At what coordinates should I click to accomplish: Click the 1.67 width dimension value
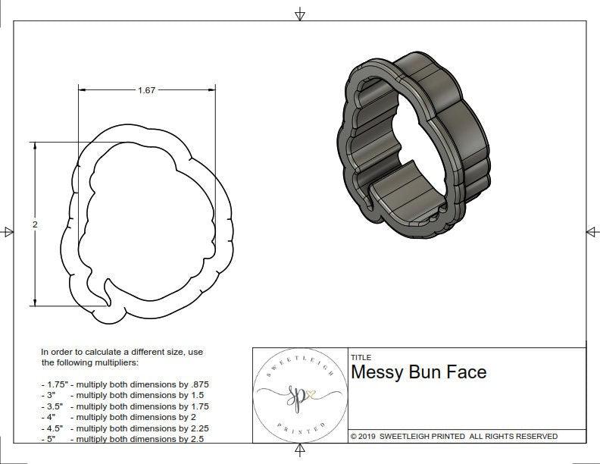tap(146, 90)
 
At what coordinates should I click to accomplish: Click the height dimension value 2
tap(36, 224)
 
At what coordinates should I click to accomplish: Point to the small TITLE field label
tap(361, 357)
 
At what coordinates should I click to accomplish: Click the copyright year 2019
tap(368, 436)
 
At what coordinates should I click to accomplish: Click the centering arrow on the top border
tap(300, 14)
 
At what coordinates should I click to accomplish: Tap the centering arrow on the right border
tap(592, 231)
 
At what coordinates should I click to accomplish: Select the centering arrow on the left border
tap(8, 231)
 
